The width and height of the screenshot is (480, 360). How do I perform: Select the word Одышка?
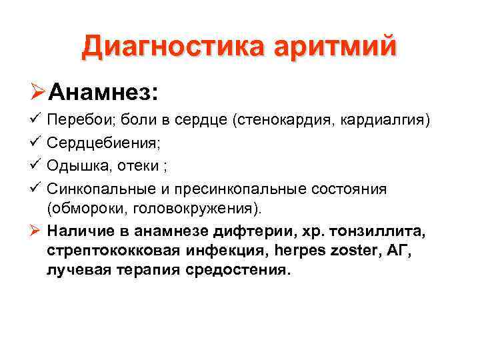(x=74, y=165)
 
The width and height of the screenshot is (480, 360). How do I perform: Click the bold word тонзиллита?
(x=380, y=231)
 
